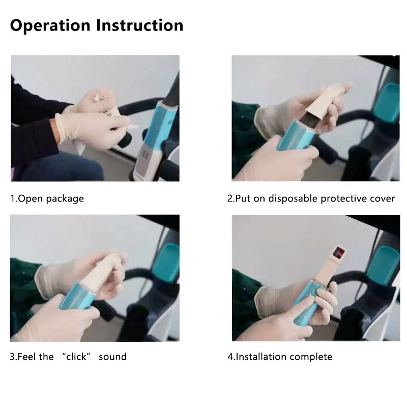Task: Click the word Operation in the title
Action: [x=50, y=26]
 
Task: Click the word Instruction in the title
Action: [x=139, y=25]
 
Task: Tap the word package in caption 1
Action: [x=65, y=199]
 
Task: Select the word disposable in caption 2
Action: [x=293, y=198]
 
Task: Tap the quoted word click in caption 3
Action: [x=76, y=357]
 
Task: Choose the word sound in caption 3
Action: [x=112, y=357]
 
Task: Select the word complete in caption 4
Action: [x=311, y=357]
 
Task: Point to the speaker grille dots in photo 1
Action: [x=146, y=155]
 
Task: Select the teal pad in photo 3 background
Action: [x=167, y=263]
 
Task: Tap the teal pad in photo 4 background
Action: [x=384, y=266]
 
